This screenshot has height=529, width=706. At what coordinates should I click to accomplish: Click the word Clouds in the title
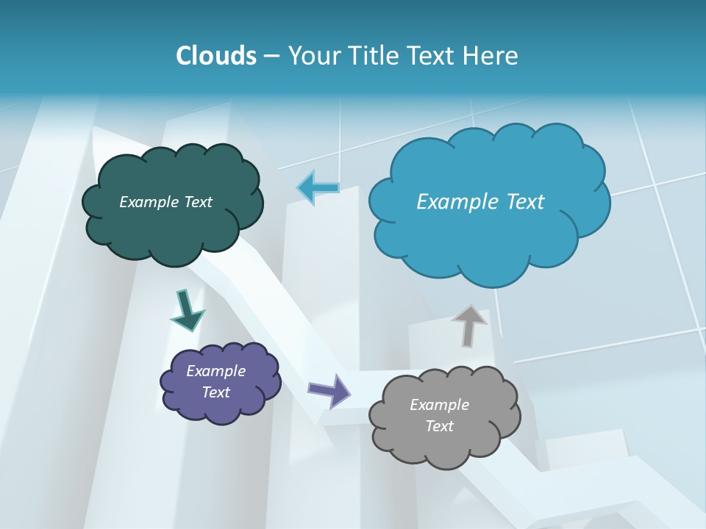pos(216,55)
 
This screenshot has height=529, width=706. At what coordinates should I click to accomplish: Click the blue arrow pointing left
pos(318,188)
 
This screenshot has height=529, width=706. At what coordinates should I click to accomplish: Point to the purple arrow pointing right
pos(329,390)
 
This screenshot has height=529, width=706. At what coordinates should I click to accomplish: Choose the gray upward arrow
pos(469,325)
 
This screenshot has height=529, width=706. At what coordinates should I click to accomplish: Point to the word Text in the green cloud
pos(198,202)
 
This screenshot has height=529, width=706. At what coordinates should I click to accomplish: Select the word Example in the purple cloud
pos(216,371)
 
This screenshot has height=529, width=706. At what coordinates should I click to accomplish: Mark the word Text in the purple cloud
pos(216,392)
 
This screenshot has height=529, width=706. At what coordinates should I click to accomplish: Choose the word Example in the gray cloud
pos(439,405)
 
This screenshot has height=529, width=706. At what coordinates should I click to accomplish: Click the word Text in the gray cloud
pos(439,426)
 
